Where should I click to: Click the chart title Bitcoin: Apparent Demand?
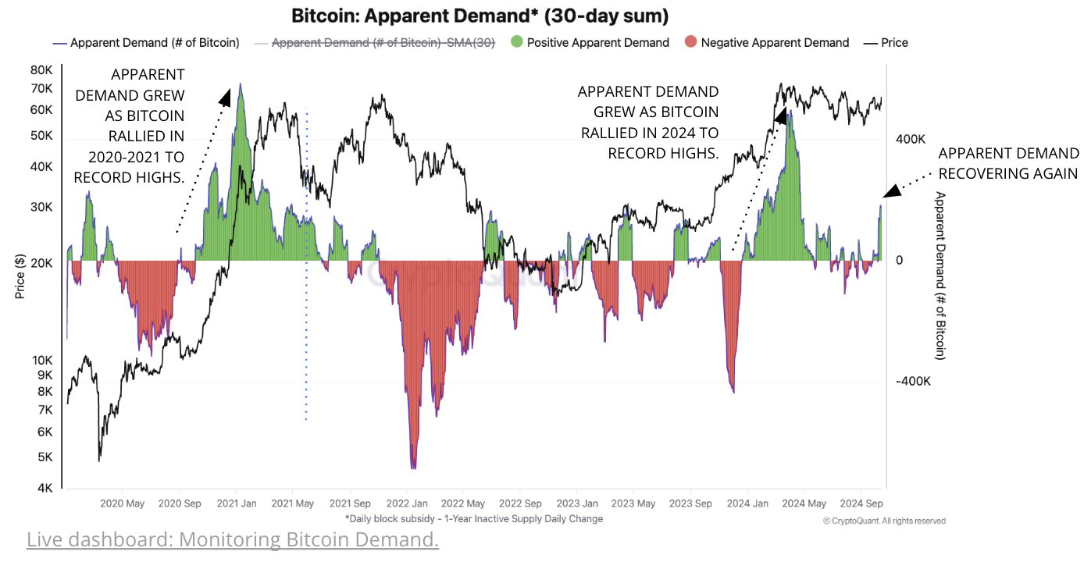coord(480,16)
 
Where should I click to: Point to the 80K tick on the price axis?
coord(41,69)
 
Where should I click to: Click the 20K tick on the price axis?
coord(41,264)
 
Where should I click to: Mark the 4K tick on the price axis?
coord(45,489)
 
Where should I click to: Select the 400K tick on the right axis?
coord(911,140)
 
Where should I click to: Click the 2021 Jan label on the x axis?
coord(236,503)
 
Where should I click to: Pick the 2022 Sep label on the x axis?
coord(521,503)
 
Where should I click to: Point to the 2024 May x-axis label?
coord(804,503)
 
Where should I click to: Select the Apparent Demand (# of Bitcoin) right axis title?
coord(940,276)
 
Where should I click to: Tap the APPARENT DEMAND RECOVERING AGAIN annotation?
coord(1008,163)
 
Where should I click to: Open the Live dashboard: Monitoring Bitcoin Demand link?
coord(233,539)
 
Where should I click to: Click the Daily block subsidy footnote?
coord(474,518)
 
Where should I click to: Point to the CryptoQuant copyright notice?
coord(884,521)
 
